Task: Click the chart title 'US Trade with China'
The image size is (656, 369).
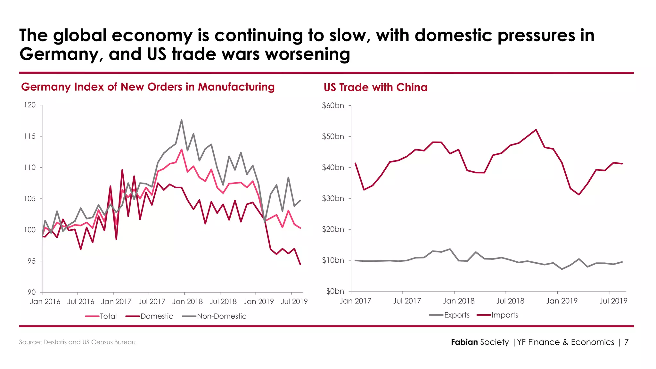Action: pos(375,87)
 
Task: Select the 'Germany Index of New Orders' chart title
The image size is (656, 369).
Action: pos(148,87)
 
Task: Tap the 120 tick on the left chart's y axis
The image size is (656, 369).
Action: pos(30,105)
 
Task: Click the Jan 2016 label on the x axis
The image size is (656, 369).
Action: pos(45,301)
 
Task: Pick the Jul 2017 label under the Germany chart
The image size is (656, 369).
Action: pos(152,301)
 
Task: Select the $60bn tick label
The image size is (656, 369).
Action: pos(333,105)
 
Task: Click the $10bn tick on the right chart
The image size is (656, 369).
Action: pos(333,260)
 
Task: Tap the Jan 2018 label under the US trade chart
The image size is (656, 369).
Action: pos(458,301)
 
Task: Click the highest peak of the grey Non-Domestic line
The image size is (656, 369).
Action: pos(182,120)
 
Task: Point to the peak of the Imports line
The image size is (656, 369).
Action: pos(536,130)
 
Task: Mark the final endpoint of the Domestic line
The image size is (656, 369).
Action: pos(300,264)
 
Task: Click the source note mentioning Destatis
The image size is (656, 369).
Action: pos(77,342)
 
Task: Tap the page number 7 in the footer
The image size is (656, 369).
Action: pos(626,342)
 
